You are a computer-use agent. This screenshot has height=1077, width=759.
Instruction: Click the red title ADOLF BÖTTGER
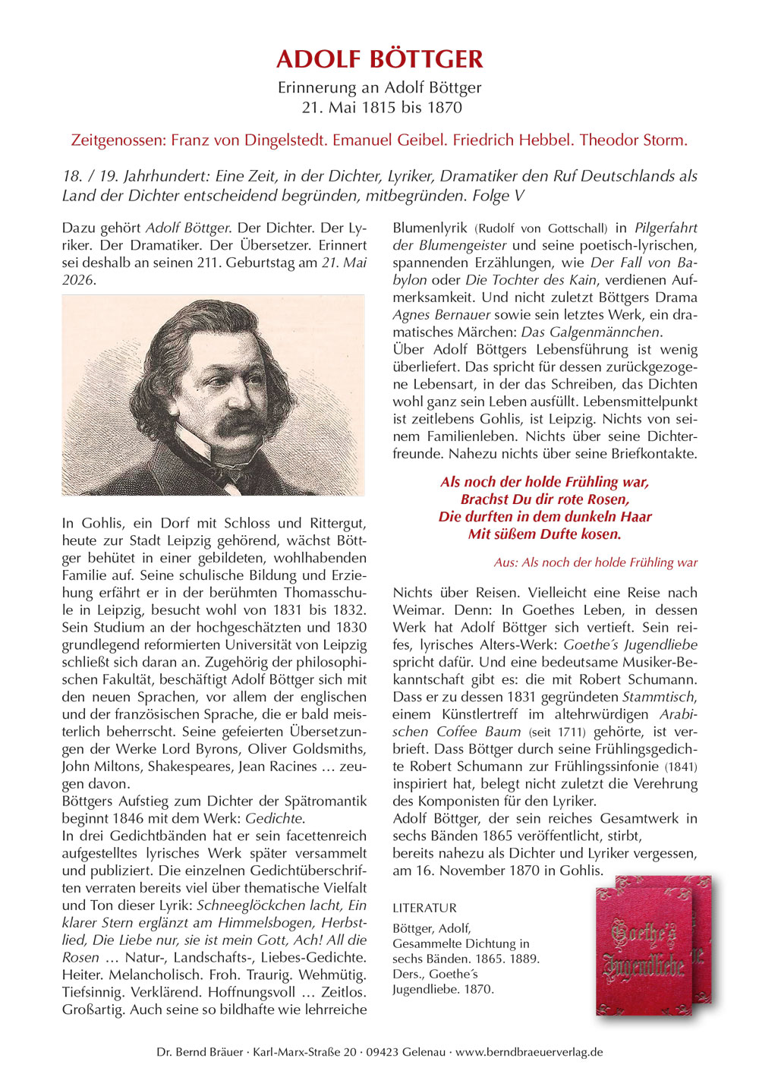(x=379, y=59)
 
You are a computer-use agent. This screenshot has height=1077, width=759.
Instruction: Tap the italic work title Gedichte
(x=274, y=818)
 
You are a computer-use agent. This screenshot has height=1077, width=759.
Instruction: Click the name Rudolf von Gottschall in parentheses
(x=541, y=228)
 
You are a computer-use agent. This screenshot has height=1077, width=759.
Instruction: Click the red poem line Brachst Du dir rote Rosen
(x=544, y=499)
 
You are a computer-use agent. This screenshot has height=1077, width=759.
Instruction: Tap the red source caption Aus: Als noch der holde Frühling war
(x=595, y=562)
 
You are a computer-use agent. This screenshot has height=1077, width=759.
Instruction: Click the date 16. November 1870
(x=479, y=871)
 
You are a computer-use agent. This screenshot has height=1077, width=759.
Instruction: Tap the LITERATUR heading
(x=424, y=908)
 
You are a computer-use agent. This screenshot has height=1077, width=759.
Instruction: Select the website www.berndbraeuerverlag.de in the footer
(x=529, y=1052)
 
